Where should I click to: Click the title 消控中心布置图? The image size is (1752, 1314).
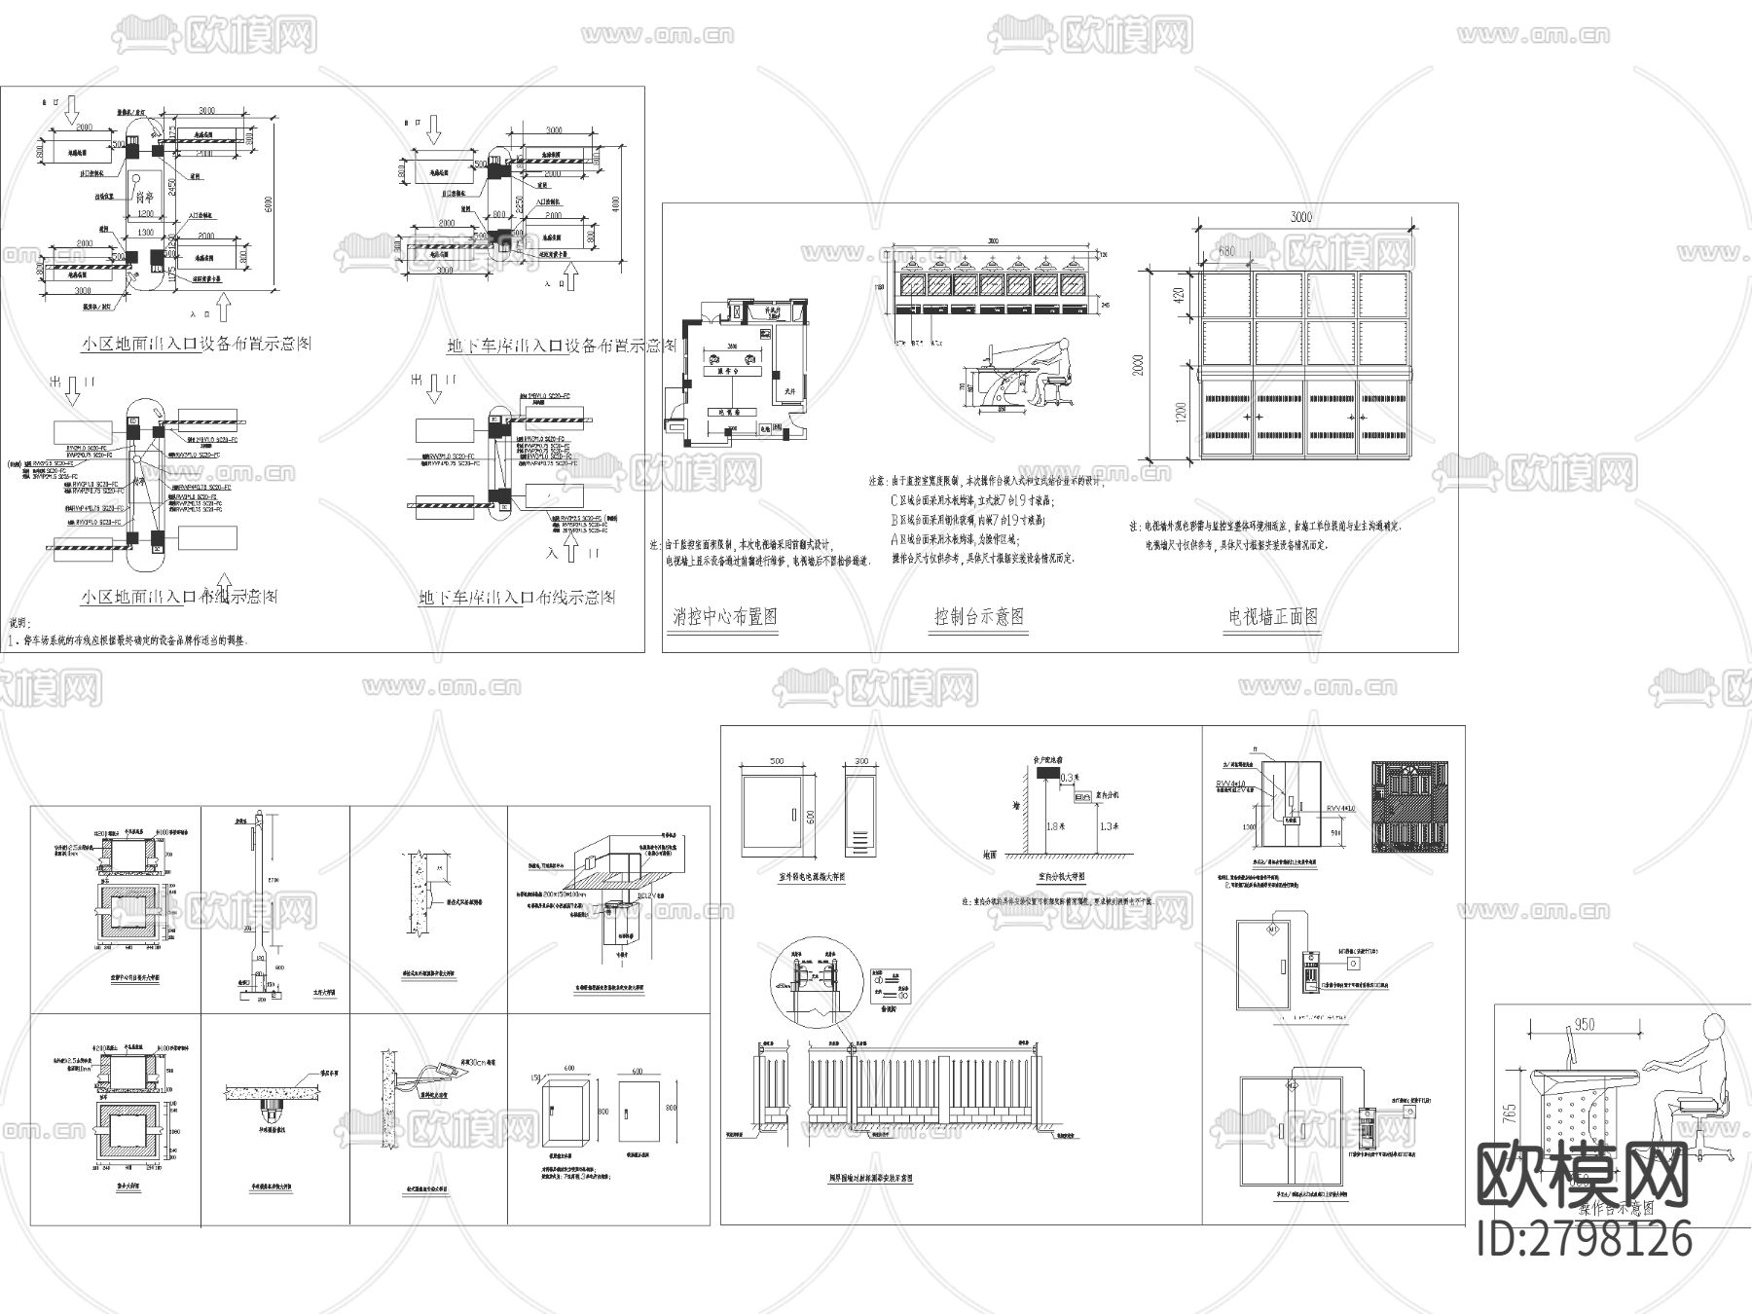pos(725,617)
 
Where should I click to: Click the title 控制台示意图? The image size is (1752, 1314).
pos(979,617)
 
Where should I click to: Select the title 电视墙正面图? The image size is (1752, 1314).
pos(1274,617)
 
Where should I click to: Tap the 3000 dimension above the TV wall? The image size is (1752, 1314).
pos(1301,216)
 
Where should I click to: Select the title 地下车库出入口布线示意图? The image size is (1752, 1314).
pos(517,598)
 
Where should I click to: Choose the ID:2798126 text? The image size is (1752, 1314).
pos(1585,1240)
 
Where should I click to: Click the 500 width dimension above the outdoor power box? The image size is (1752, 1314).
pos(776,762)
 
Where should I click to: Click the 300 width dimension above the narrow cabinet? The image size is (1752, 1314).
pos(860,762)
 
